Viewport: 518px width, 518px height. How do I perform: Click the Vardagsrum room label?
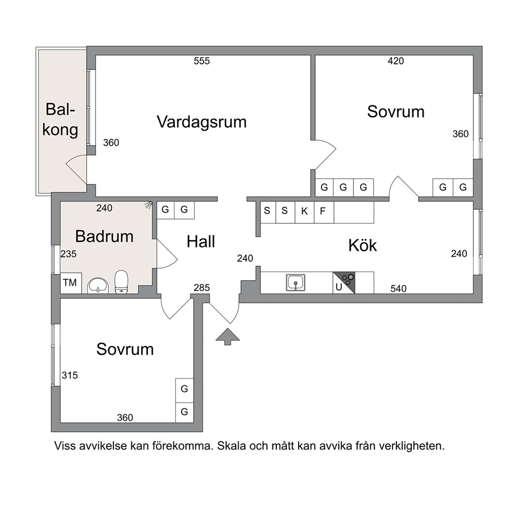[x=202, y=122]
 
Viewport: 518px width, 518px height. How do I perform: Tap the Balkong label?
[x=60, y=119]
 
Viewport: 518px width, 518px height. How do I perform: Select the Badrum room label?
[x=104, y=236]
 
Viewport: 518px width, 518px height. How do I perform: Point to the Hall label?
[x=201, y=241]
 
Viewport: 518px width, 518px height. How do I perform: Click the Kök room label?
[x=362, y=245]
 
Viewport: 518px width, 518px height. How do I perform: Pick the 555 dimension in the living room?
[x=202, y=61]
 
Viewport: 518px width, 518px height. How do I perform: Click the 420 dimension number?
[x=395, y=61]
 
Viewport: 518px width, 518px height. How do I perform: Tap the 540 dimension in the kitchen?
[x=398, y=289]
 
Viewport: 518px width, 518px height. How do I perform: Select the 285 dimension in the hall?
[x=202, y=288]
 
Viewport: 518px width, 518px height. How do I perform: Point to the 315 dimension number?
[x=69, y=375]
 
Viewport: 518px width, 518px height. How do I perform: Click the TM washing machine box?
[x=70, y=283]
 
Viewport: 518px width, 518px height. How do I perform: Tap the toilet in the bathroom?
[x=121, y=281]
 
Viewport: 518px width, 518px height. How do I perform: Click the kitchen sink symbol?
[x=296, y=283]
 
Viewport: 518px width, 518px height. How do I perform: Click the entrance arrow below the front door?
[x=228, y=337]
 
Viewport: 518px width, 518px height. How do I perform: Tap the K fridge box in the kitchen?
[x=304, y=211]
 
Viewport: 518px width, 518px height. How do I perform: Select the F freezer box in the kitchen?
[x=324, y=211]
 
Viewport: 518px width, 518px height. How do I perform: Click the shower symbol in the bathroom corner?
[x=149, y=205]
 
